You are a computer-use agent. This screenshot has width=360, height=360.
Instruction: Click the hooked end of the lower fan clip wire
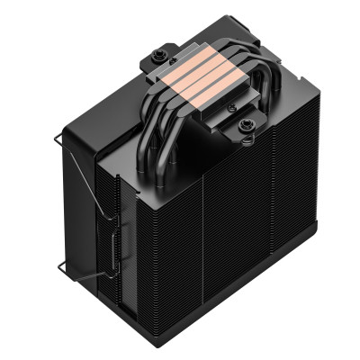click(59, 266)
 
